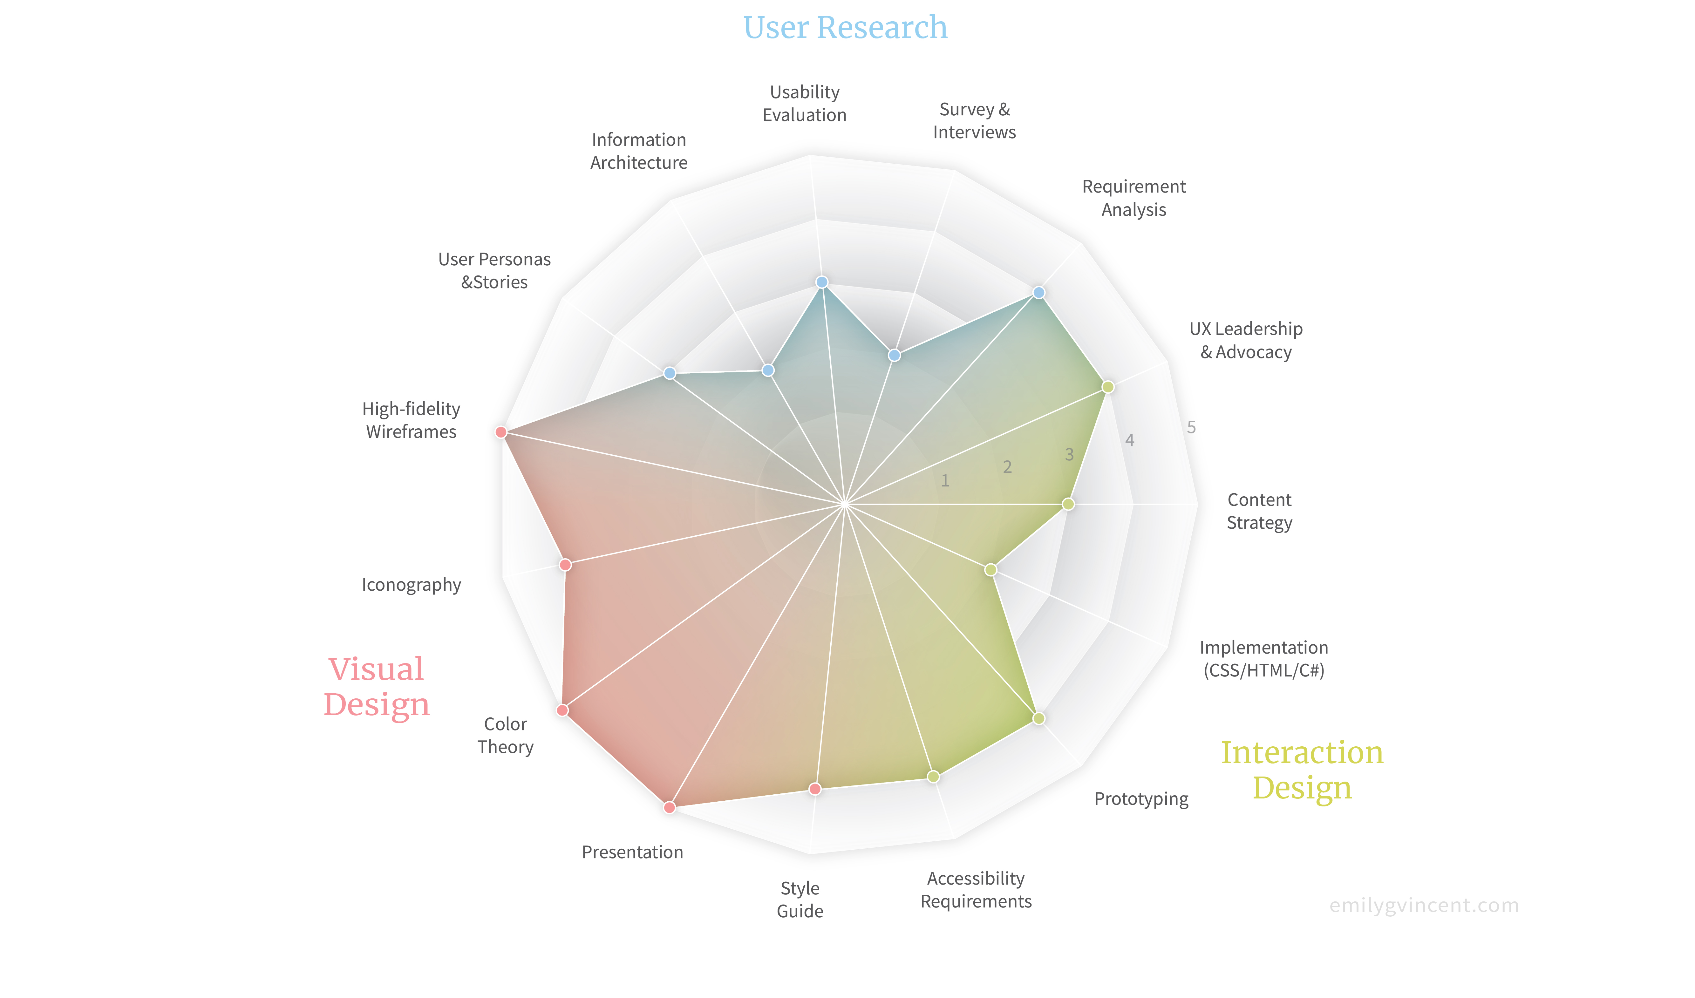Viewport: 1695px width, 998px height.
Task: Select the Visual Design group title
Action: pos(377,687)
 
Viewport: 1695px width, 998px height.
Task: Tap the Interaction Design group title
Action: pos(1302,770)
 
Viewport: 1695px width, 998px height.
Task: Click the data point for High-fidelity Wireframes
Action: pos(500,432)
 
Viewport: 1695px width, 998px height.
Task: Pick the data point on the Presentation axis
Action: pos(669,807)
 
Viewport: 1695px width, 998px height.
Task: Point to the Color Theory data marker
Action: pos(562,710)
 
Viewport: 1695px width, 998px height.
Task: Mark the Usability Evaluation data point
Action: pos(822,282)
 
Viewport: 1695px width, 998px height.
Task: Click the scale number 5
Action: pos(1191,427)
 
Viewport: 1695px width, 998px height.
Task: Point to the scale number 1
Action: pos(945,480)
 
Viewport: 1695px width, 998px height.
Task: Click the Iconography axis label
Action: pos(412,585)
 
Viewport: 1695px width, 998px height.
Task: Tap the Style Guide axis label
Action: pos(800,900)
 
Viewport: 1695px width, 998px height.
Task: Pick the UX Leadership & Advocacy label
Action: pos(1246,340)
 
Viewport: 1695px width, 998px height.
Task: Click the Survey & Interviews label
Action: pos(974,121)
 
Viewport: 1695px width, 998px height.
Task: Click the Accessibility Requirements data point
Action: pos(933,777)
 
